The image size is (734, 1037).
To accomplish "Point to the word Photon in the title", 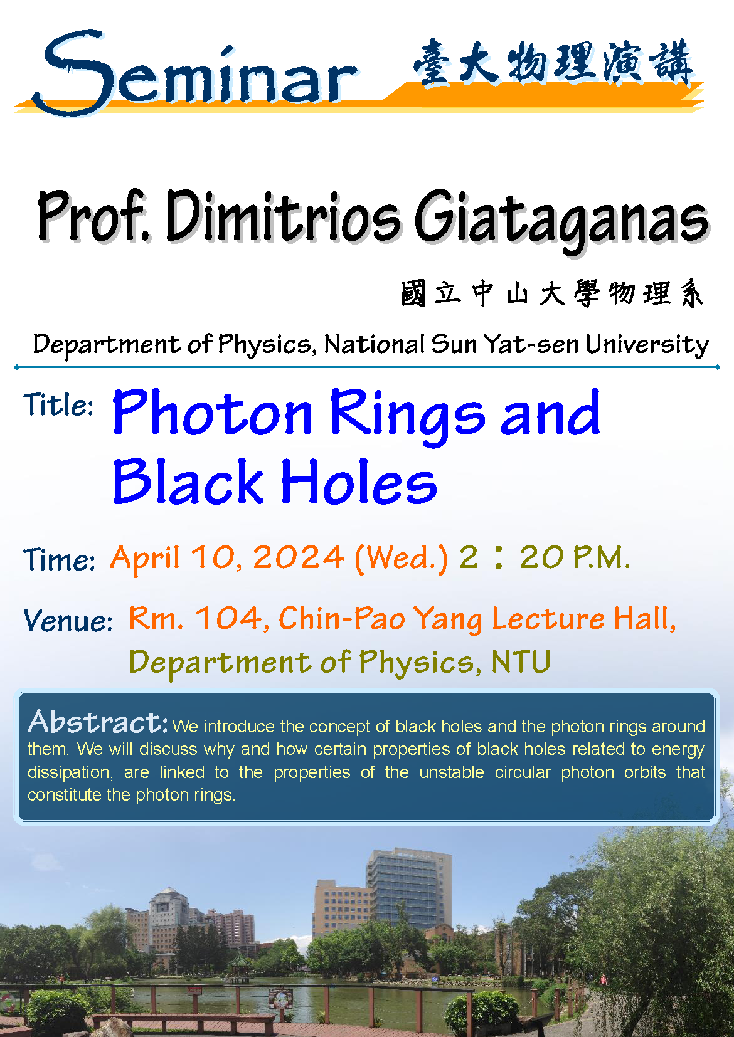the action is coord(213,412).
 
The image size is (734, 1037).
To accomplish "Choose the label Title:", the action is coord(58,404).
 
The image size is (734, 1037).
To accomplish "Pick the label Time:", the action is coord(59,559).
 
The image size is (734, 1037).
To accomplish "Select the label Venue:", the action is coord(68,620).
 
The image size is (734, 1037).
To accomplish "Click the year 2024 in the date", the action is coord(299,557).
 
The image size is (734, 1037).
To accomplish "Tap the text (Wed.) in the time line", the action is coord(401,558).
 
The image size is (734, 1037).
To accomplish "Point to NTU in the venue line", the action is coord(521,661).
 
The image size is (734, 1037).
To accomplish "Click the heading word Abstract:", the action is coord(98,722).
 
